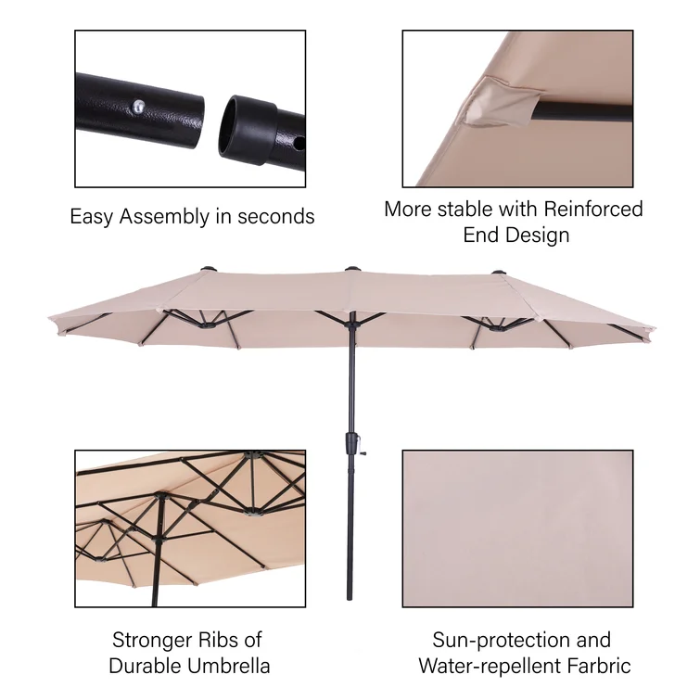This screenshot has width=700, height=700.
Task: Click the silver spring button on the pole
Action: pos(139,106)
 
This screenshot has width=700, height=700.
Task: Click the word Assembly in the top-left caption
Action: pos(164,217)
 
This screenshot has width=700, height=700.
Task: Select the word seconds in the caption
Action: pos(276,217)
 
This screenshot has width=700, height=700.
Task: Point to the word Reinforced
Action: pos(593,209)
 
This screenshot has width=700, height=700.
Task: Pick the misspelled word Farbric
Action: pos(599,666)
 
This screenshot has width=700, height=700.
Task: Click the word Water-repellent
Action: pos(490,667)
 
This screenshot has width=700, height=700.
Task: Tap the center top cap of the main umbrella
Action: pos(352,269)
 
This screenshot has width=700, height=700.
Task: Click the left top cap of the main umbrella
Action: pos(208,269)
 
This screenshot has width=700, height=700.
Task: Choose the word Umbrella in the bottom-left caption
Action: pos(229,666)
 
